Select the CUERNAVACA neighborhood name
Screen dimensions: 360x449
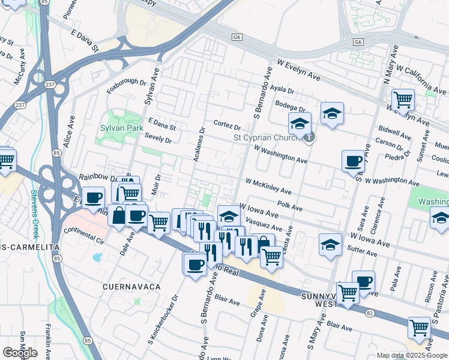(x=131, y=287)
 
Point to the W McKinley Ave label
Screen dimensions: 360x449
(x=268, y=186)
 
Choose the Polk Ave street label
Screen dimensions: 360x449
(x=289, y=207)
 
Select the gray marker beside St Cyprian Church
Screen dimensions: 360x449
(x=309, y=137)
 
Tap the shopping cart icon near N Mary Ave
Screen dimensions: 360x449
(x=402, y=98)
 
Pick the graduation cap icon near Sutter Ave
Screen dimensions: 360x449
(x=330, y=245)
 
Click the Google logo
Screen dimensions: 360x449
(x=20, y=353)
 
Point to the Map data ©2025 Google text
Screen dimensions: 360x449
(x=412, y=355)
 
